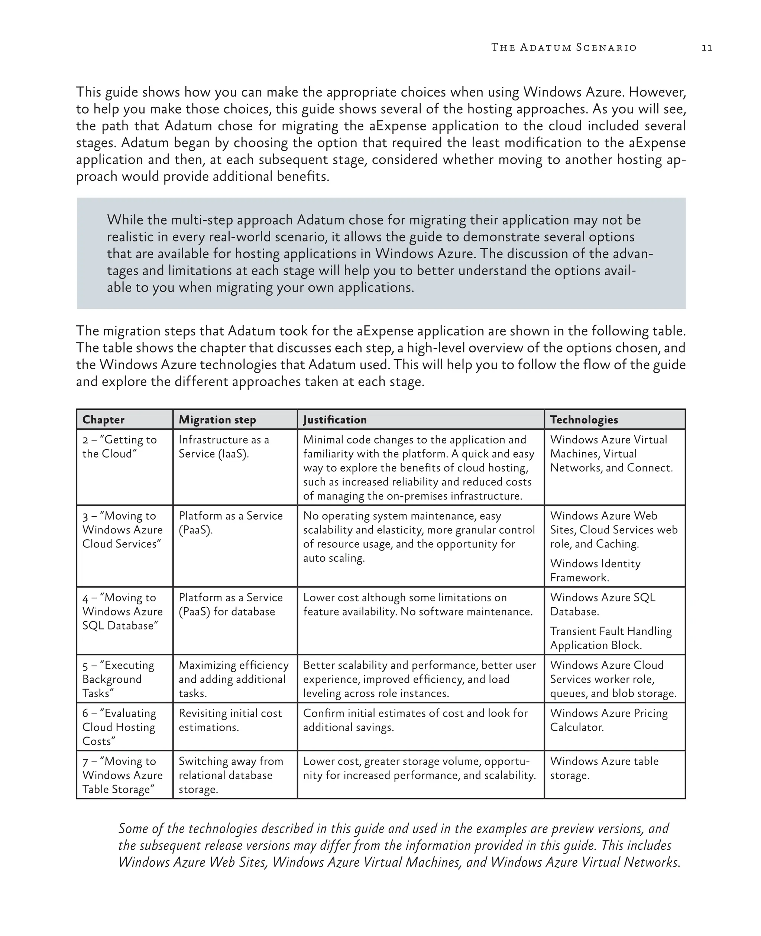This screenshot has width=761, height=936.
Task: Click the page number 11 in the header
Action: (707, 48)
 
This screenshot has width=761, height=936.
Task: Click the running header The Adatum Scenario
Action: (564, 47)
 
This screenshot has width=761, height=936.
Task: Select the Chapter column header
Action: (103, 420)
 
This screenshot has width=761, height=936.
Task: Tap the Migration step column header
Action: (217, 420)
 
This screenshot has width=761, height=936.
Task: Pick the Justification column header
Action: (335, 420)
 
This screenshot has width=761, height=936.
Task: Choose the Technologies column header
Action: (584, 420)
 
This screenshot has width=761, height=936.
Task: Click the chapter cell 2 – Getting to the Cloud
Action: (119, 446)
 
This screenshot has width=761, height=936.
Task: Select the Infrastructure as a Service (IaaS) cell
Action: (224, 446)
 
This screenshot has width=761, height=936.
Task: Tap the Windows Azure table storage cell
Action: (604, 768)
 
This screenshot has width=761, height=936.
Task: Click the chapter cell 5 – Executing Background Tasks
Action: (119, 679)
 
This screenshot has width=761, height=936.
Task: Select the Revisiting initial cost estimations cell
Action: (230, 720)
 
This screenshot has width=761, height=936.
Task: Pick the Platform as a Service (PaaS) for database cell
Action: (231, 604)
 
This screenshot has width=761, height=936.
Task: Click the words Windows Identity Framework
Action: (595, 570)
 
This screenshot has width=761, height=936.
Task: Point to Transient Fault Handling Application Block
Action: (610, 638)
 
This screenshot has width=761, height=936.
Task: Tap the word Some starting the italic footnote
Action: (133, 829)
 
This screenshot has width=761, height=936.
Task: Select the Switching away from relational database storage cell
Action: (231, 775)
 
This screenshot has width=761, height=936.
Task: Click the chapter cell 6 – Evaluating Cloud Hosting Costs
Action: (119, 727)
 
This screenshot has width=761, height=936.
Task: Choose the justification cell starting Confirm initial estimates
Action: (415, 720)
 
